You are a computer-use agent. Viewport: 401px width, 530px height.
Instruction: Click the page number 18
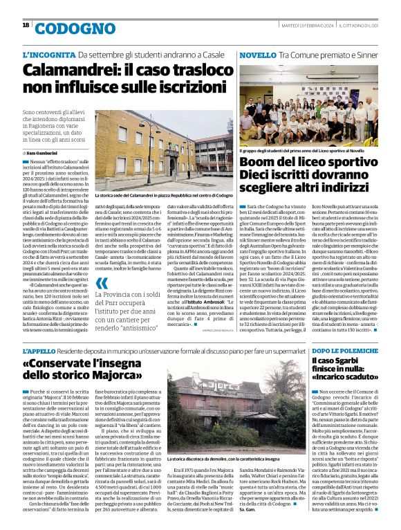[x=26, y=26]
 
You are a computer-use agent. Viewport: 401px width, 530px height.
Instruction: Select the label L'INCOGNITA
[x=48, y=54]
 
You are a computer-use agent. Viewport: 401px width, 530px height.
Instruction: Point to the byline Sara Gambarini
[x=43, y=152]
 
